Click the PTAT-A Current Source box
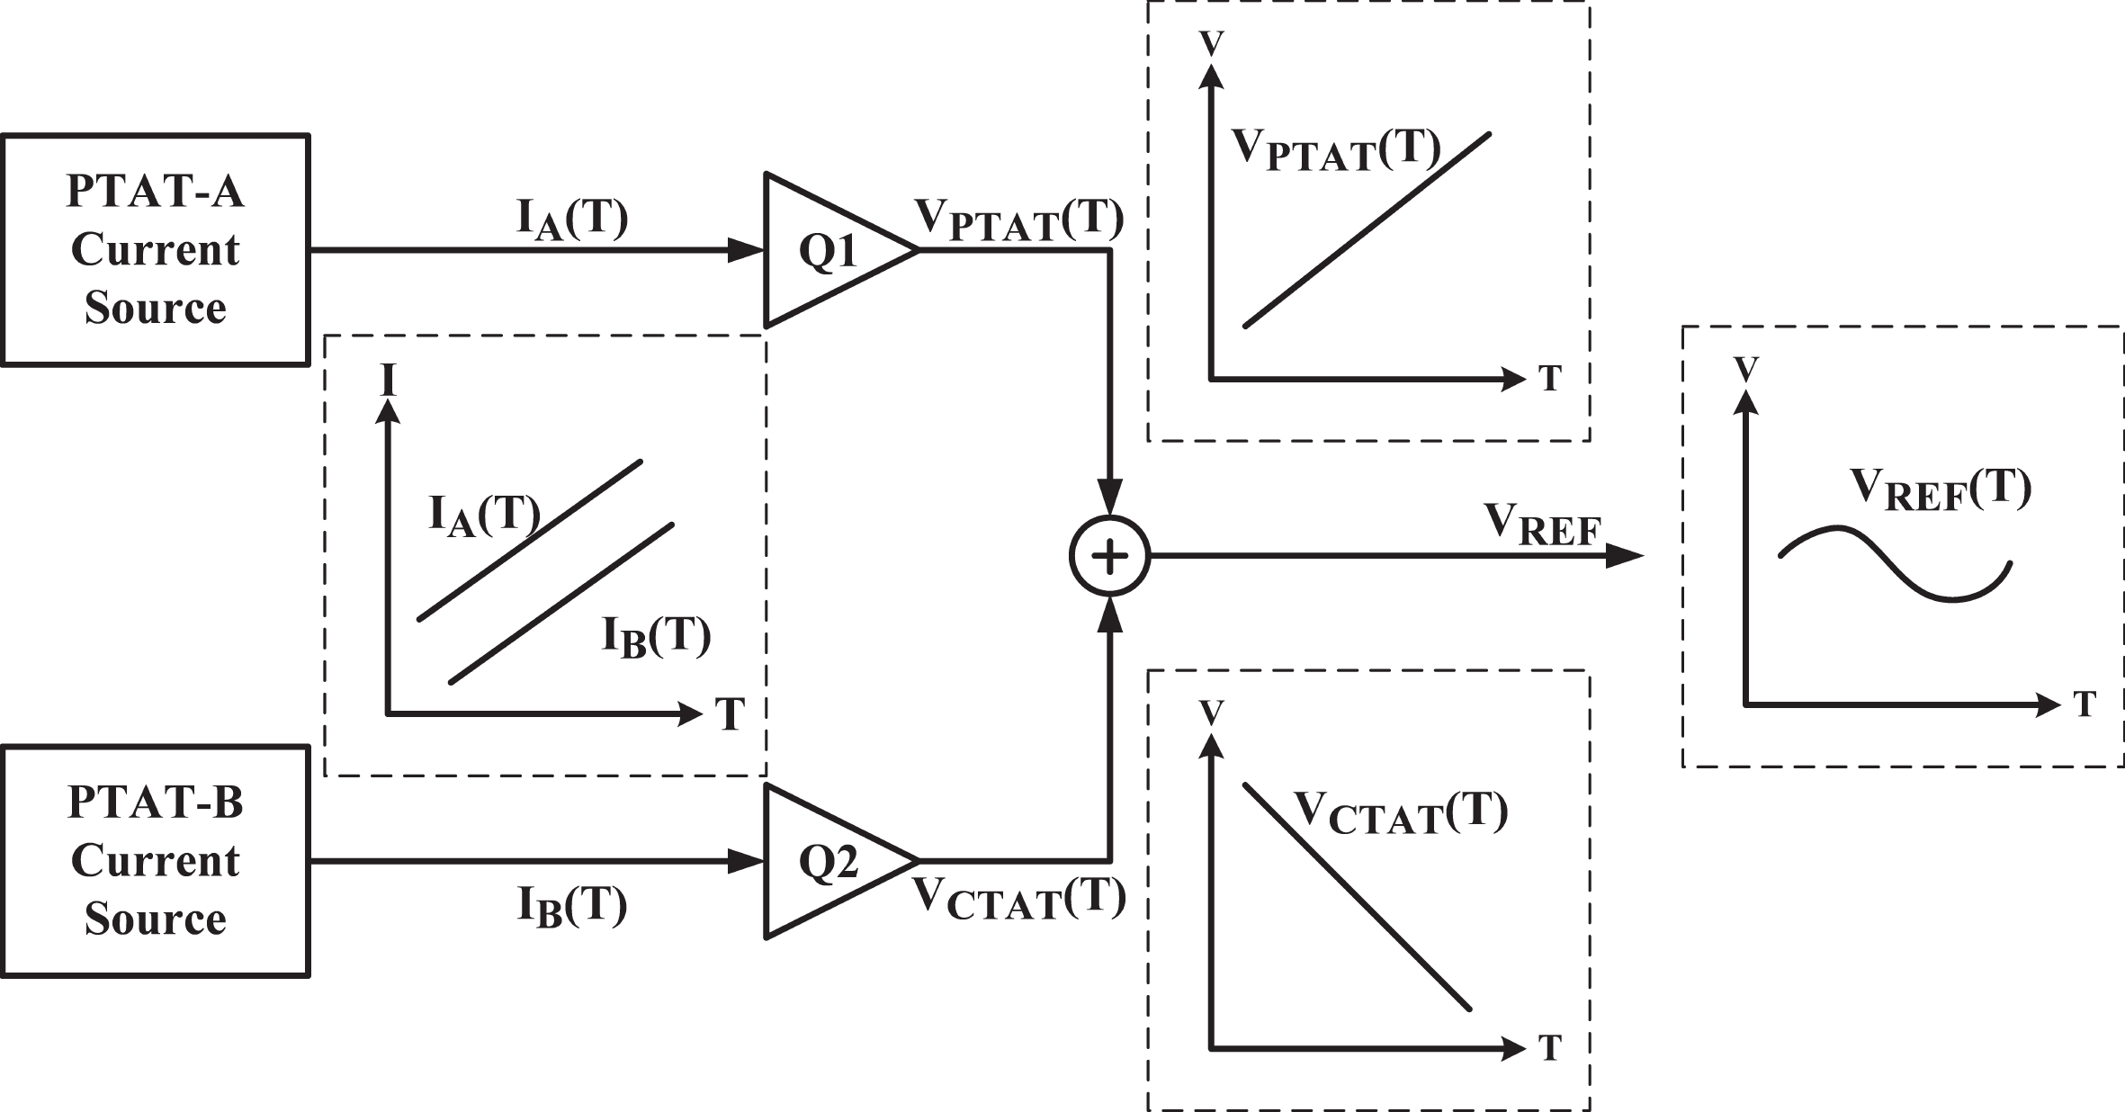(x=155, y=249)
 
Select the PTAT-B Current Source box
(x=155, y=860)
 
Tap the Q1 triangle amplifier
(x=828, y=250)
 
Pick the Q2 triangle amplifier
(x=828, y=862)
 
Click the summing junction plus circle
(x=1110, y=556)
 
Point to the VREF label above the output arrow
(x=1541, y=525)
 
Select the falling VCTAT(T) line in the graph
(x=1357, y=897)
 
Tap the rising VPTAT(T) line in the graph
(x=1367, y=229)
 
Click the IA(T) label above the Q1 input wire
(x=572, y=220)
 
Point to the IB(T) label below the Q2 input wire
(x=572, y=906)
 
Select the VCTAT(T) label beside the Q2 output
(x=1019, y=898)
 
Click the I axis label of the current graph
(x=389, y=381)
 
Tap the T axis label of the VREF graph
(x=2085, y=703)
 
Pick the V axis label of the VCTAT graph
(x=1212, y=713)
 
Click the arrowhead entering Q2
(x=746, y=862)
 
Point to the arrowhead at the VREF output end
(x=1625, y=556)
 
